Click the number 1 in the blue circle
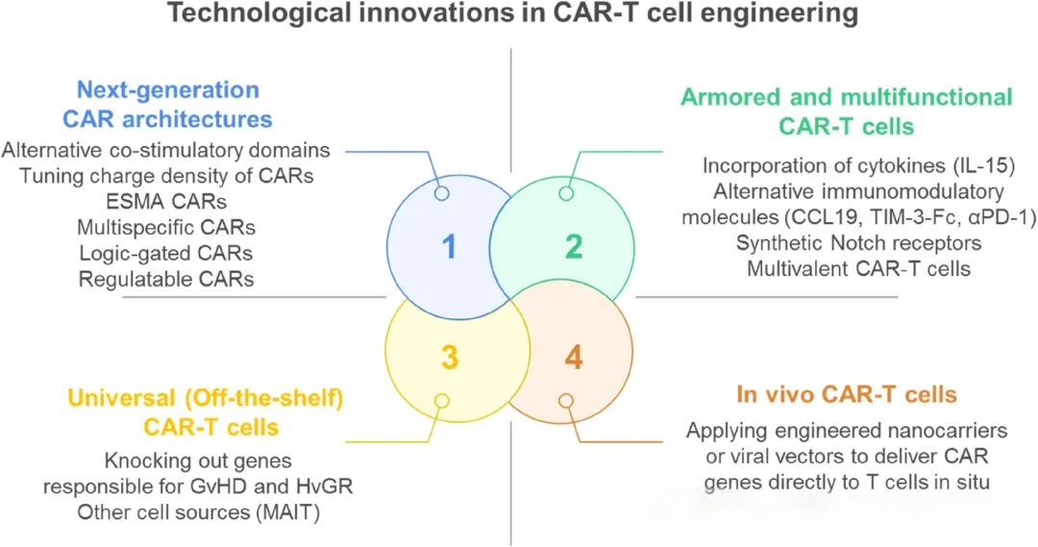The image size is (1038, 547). (448, 248)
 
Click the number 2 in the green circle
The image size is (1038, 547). (573, 248)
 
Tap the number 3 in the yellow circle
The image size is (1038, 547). (448, 358)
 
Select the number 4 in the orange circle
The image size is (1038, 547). (573, 358)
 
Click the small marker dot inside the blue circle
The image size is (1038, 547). (442, 193)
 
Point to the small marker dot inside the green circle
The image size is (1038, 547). (566, 193)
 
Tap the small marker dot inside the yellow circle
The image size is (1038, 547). (441, 400)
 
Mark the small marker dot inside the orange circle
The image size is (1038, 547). (566, 400)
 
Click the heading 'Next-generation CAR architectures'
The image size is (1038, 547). (168, 105)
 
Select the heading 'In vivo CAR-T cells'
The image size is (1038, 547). (846, 394)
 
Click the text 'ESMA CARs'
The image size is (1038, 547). (167, 202)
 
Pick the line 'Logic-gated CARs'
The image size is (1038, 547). (167, 254)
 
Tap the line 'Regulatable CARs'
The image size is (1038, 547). (167, 280)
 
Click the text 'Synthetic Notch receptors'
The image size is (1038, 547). (858, 242)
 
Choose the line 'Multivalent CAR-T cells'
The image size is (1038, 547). (858, 268)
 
